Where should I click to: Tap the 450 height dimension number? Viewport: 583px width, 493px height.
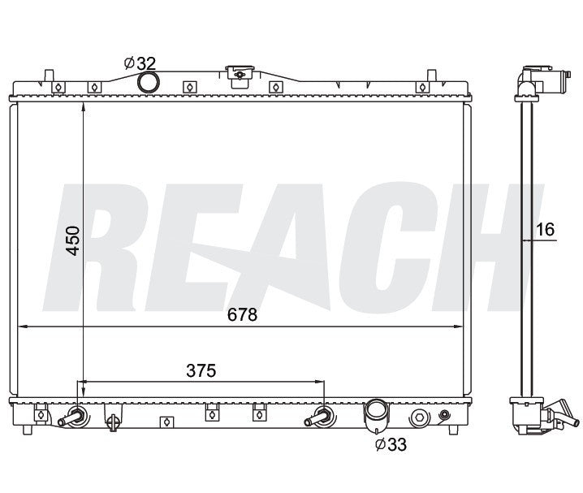coord(73,240)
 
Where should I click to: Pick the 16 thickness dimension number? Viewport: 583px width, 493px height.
coord(545,231)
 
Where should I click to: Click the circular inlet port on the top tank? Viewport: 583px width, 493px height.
coord(149,82)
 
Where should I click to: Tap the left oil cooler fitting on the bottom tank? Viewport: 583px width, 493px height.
coord(74,417)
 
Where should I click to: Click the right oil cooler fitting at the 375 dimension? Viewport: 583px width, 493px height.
coord(319,417)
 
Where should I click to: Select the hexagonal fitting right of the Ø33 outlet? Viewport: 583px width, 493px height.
coord(419,418)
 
